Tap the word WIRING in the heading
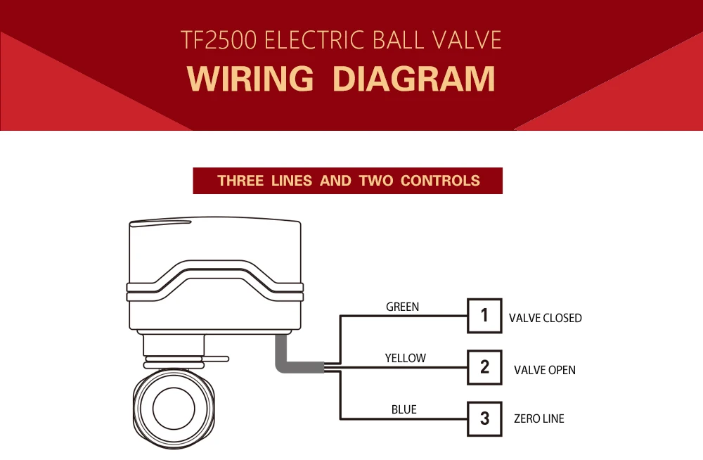coord(251,78)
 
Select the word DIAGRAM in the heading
coord(414,78)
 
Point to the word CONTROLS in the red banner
coord(440,181)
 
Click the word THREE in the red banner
coord(240,181)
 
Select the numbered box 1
coord(484,316)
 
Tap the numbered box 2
coord(484,366)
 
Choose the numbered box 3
coord(484,419)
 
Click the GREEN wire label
coord(402,307)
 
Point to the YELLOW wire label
coord(405,358)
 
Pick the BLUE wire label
coord(404,409)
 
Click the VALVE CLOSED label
coord(545,318)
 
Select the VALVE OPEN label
coord(544,370)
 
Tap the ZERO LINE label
coord(538,419)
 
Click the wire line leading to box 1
coord(404,316)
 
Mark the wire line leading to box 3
coord(404,419)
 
